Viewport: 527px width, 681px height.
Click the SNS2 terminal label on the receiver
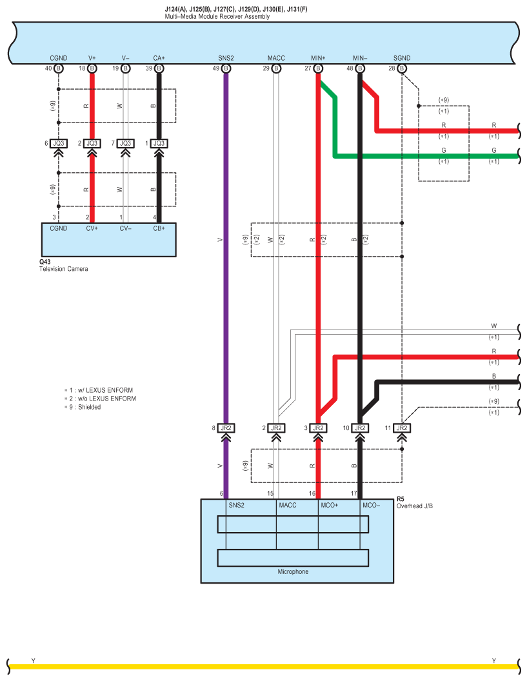tap(226, 58)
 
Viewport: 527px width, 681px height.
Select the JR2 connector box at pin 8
tap(226, 428)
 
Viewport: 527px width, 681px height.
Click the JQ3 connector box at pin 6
tap(59, 143)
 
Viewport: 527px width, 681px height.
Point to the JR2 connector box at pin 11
tap(401, 428)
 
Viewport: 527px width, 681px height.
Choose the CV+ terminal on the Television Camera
tap(92, 228)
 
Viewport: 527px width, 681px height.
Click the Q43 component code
tap(45, 262)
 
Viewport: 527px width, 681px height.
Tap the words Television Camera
tap(63, 269)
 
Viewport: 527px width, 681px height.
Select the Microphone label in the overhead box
tap(293, 571)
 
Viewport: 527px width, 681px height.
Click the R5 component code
tap(401, 499)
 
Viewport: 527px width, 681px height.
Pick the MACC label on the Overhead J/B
tap(287, 505)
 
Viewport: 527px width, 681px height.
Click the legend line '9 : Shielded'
tap(85, 407)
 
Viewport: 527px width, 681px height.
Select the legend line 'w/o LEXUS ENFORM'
tap(103, 399)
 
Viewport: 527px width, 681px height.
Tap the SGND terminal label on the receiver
tap(401, 58)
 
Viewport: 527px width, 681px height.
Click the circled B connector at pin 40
tap(59, 68)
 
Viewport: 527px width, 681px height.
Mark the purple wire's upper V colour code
tap(220, 239)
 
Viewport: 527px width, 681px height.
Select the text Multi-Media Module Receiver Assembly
tap(217, 16)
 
